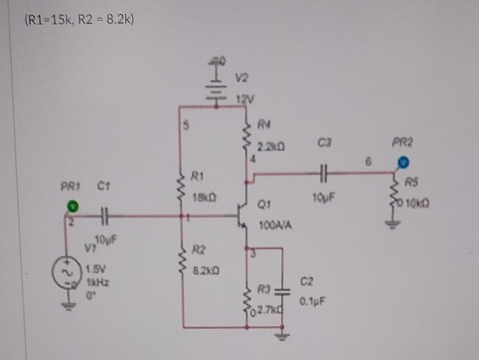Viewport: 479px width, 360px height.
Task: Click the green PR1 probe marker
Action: pyautogui.click(x=72, y=207)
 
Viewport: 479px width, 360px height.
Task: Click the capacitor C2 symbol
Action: pyautogui.click(x=282, y=292)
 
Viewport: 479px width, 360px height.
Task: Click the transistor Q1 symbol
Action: pyautogui.click(x=242, y=216)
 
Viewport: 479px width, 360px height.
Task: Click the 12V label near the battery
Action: pyautogui.click(x=245, y=99)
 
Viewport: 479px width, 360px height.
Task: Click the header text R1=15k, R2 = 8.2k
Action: pyautogui.click(x=79, y=21)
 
